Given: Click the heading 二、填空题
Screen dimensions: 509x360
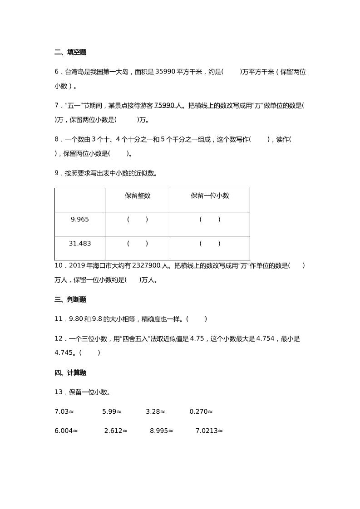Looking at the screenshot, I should coord(70,52).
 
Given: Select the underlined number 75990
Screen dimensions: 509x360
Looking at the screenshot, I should coord(164,105).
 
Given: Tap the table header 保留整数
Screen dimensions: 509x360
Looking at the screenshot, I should coord(138,196).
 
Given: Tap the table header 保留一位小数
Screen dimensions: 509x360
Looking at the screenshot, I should coord(210,196).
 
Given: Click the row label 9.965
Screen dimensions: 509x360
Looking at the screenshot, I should coord(80,220).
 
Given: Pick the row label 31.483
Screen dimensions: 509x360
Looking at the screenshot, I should coord(80,244).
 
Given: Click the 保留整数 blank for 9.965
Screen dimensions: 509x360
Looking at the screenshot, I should coord(138,220).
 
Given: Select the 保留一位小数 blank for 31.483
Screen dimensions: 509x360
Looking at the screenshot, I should coord(210,244).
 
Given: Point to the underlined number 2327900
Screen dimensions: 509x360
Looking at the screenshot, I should coord(146,265).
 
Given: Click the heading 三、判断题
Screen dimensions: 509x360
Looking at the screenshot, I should coord(70,299).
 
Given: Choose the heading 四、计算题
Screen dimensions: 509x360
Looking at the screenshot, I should coord(70,373).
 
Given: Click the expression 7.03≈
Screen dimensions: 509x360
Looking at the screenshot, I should coord(64,411).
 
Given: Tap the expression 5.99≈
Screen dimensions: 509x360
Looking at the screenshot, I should coord(112,411).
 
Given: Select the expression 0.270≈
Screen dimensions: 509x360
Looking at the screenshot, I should coord(201,411).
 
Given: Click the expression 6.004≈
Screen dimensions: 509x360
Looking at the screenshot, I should coord(66,431).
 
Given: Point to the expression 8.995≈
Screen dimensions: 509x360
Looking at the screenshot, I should coord(162,431).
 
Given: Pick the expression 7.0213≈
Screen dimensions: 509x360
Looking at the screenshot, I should coord(209,431).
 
